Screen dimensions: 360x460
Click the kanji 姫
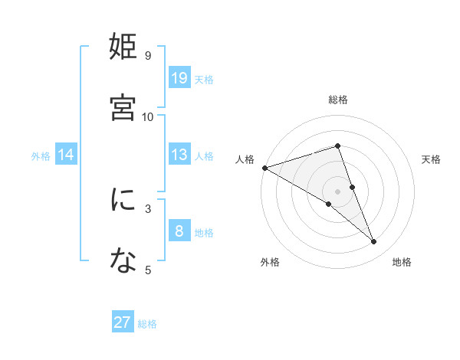[x=123, y=47]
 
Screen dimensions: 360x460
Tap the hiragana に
[x=123, y=201]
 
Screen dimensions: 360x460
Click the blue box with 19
[x=179, y=78]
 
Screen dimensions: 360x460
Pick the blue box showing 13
[x=179, y=155]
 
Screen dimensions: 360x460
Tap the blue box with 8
[x=179, y=231]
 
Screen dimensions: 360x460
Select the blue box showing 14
[x=66, y=155]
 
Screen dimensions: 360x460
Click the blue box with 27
[x=123, y=322]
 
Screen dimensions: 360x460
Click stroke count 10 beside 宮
[x=148, y=116]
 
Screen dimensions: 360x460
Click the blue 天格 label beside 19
[x=203, y=80]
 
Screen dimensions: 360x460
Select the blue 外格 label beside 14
[x=41, y=156]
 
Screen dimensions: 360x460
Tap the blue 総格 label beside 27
[x=147, y=324]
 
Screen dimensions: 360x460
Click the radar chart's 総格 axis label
[x=338, y=100]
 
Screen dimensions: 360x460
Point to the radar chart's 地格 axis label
[x=402, y=263]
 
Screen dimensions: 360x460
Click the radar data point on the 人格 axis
[x=264, y=168]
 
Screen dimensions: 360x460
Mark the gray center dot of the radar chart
[x=338, y=191]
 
